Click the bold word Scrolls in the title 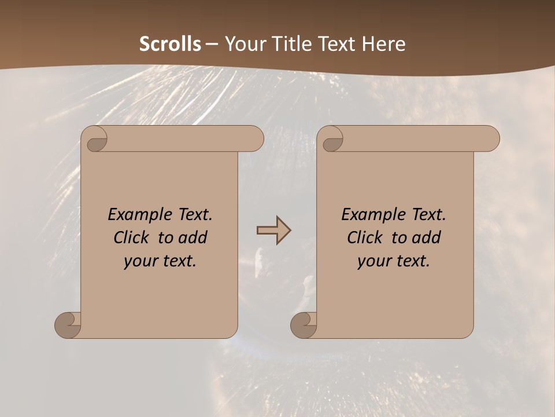(x=170, y=44)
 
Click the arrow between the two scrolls (x=274, y=231)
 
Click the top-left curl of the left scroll (x=96, y=140)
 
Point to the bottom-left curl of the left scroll (x=67, y=324)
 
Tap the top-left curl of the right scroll (x=332, y=140)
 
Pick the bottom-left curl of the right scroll (x=303, y=324)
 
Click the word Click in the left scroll (x=132, y=237)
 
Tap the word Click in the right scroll (x=365, y=237)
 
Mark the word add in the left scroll (x=194, y=237)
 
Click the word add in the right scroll (x=427, y=237)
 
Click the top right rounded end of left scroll (x=253, y=139)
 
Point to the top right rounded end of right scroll (x=489, y=139)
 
